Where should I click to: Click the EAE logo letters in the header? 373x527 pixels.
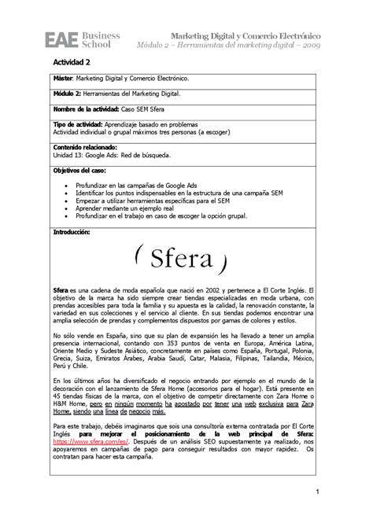tap(61, 39)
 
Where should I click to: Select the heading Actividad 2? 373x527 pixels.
tap(72, 61)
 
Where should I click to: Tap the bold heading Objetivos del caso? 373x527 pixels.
tap(82, 170)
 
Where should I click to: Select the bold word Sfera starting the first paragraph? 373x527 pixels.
tap(61, 290)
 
